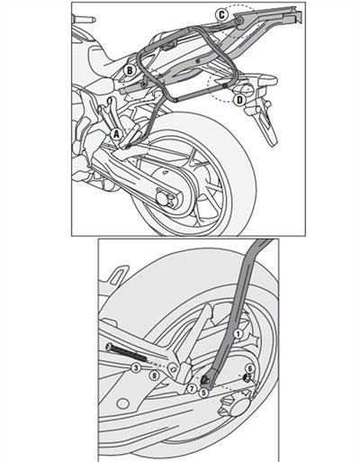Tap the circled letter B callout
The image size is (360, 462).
(130, 69)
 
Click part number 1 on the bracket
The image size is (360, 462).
(238, 333)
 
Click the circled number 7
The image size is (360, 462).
(192, 387)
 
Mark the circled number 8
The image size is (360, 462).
(154, 375)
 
